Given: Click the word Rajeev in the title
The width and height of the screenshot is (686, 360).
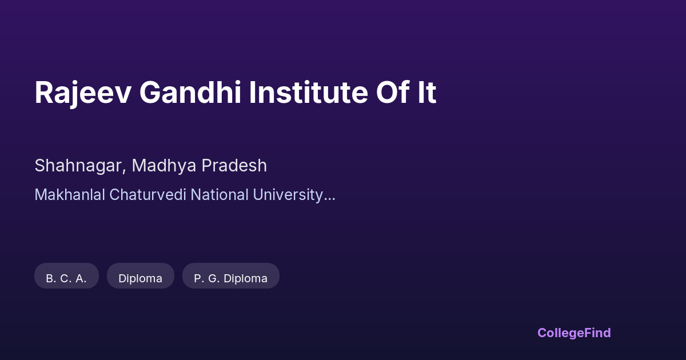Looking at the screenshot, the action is [83, 93].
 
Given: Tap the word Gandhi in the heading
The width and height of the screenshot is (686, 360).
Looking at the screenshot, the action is [190, 93].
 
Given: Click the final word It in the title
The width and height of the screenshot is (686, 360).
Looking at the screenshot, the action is [427, 93].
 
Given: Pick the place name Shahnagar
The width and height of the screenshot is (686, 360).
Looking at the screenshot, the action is [78, 166].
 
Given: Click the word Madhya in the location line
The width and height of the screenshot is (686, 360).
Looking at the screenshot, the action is [164, 166].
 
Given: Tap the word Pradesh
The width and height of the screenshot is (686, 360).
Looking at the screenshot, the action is [234, 165].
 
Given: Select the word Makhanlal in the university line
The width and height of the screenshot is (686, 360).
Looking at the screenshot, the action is [70, 195].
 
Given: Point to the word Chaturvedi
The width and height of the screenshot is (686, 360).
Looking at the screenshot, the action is [147, 195].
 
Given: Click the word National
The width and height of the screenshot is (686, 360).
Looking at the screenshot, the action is [220, 195].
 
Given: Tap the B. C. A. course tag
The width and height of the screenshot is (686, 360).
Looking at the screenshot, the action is [66, 276].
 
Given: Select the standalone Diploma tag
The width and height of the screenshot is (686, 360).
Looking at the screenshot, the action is [141, 276].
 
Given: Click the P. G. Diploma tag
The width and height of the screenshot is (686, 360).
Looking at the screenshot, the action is [231, 276].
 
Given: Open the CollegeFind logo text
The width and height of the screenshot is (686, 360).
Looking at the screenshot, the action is [574, 333].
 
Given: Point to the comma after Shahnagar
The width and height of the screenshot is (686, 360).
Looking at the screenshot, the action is [124, 172].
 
